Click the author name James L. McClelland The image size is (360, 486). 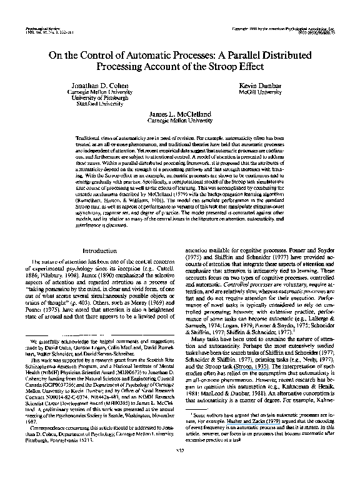(x=179, y=114)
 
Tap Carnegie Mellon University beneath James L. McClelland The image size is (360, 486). (x=179, y=121)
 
